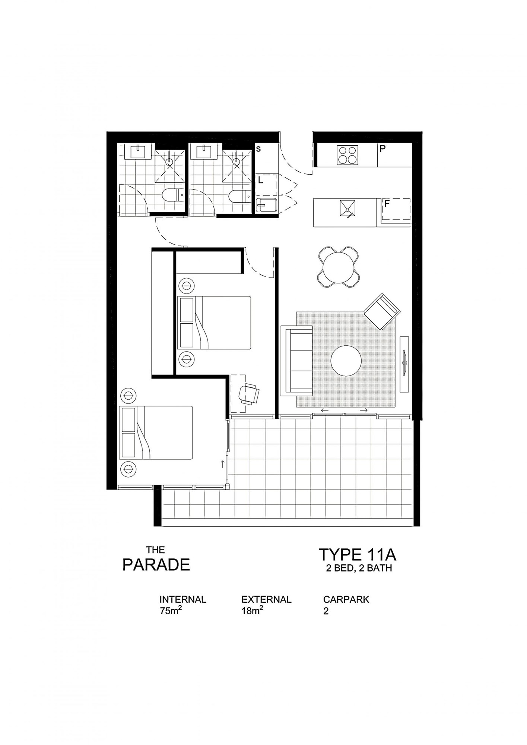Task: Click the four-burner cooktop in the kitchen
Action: point(347,155)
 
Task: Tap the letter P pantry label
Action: point(382,149)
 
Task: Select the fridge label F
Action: point(387,204)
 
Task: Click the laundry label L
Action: point(261,180)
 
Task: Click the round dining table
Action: point(339,267)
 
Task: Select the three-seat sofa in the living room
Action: point(299,361)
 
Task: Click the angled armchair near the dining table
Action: point(382,311)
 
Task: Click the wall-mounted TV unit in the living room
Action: point(404,364)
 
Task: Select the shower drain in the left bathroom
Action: point(169,162)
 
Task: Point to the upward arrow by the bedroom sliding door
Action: point(223,464)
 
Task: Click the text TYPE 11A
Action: point(357,555)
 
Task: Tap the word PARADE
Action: point(156,565)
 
